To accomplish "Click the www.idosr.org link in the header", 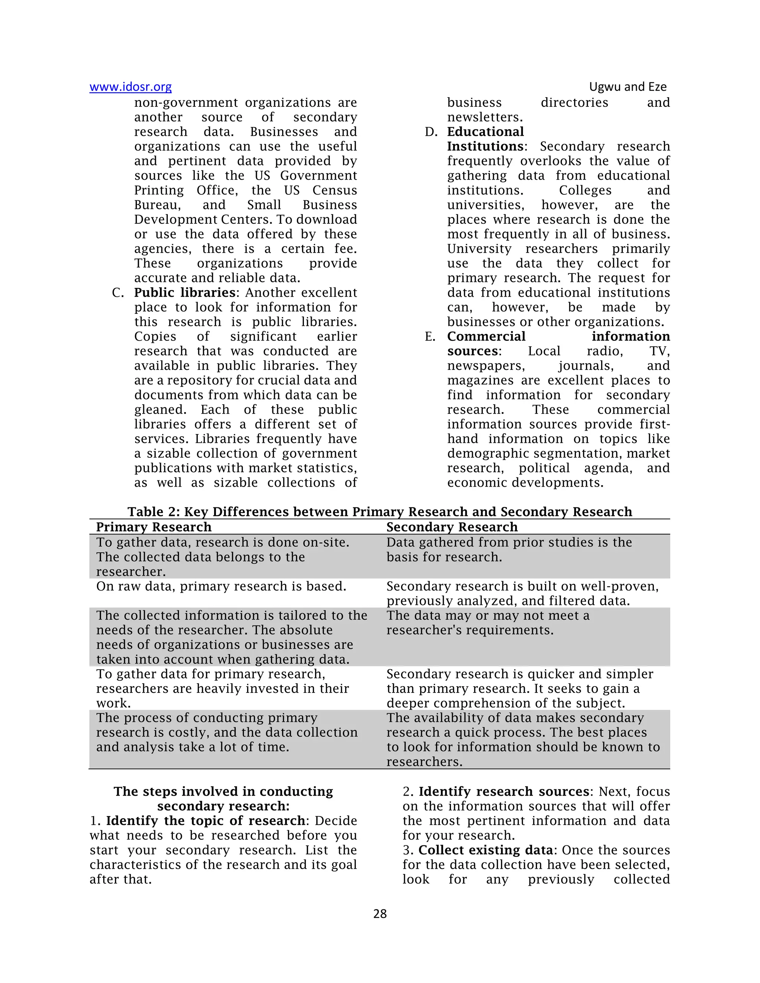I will [131, 87].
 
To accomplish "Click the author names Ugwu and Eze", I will [628, 87].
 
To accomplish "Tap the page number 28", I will [380, 913].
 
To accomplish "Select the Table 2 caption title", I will [380, 512].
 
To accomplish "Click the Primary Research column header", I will [154, 527].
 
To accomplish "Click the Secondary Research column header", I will [452, 527].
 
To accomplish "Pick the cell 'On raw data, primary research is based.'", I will [221, 586].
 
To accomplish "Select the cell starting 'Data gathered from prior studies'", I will [509, 550].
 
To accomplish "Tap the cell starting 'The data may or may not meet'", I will [488, 622].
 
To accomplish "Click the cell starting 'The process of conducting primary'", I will [226, 732].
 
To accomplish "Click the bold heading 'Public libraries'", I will [184, 293].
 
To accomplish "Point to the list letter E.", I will [430, 337].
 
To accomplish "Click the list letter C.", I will [118, 293].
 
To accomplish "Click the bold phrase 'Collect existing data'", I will [485, 850].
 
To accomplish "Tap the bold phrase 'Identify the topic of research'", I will [206, 821].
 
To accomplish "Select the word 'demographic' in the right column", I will [486, 453].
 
